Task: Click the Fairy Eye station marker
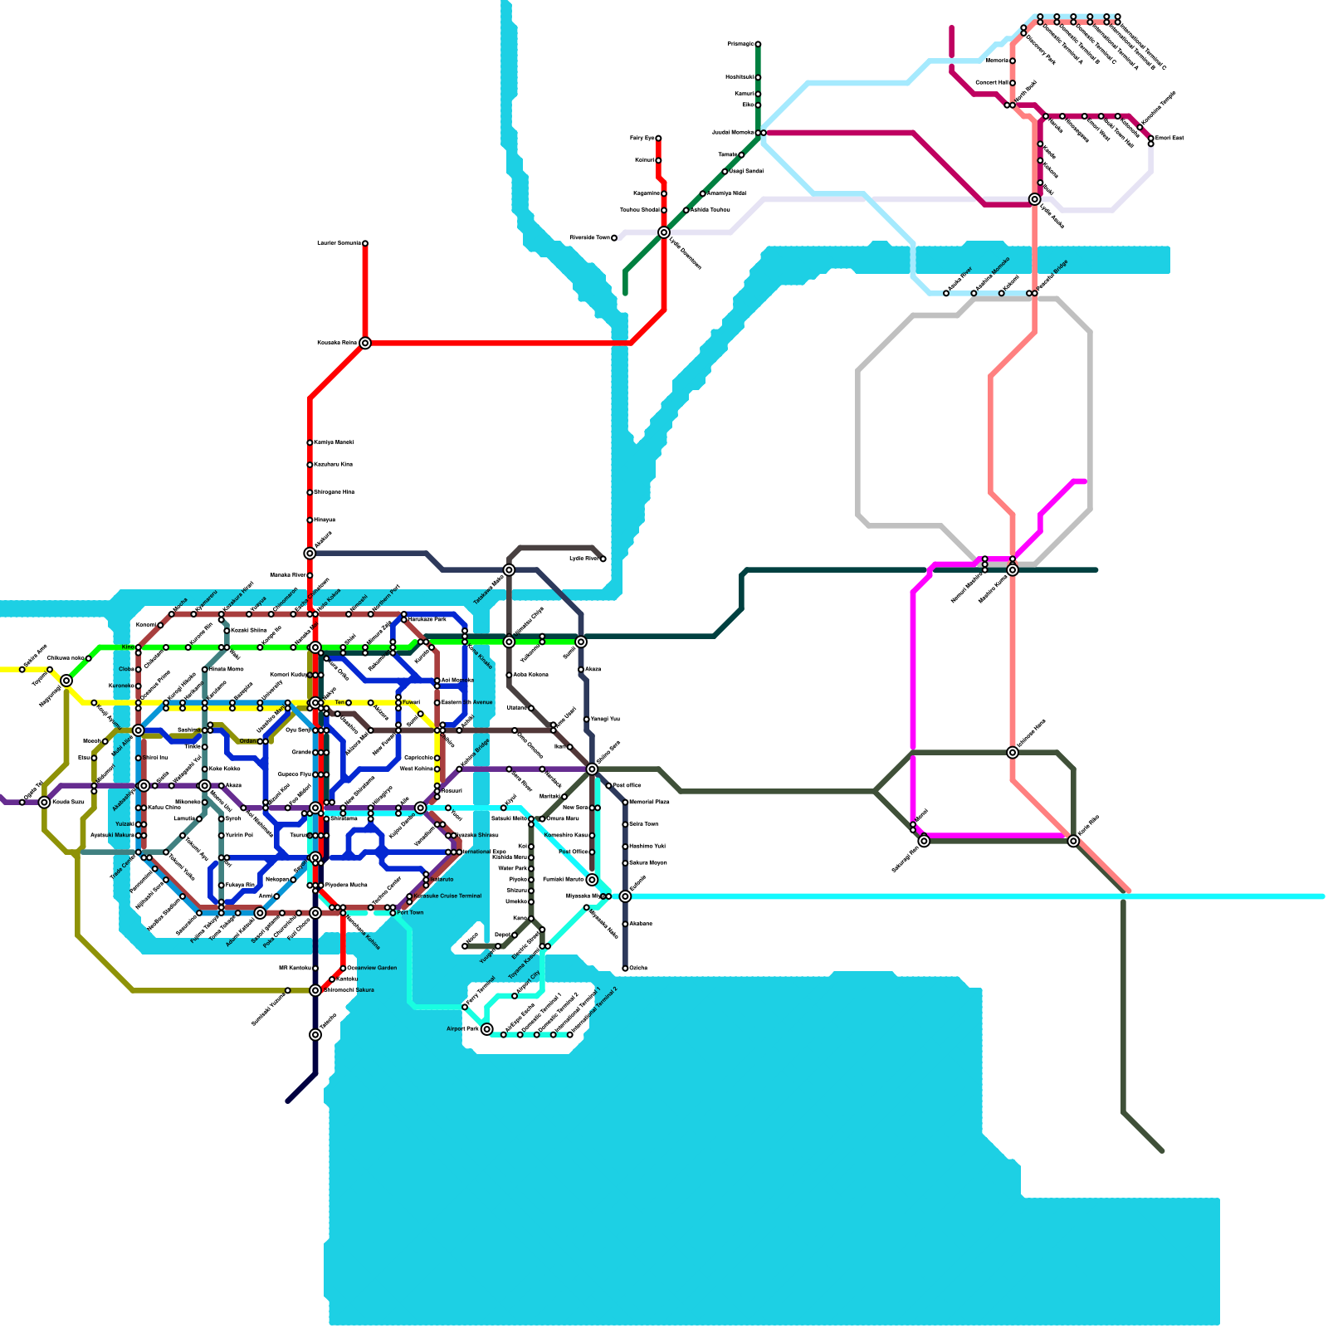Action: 658,139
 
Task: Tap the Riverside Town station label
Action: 589,238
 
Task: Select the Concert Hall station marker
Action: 1013,83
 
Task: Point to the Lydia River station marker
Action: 603,559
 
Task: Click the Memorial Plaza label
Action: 649,802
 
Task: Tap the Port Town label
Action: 410,912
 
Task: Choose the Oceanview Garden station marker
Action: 343,968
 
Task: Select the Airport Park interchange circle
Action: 487,1029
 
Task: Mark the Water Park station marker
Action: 531,868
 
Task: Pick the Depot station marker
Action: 515,935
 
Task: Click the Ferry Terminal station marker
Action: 465,1007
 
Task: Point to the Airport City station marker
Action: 515,996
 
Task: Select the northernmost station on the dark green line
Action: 758,44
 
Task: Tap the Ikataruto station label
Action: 441,879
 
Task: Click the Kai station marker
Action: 531,847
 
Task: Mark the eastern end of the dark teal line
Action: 1096,570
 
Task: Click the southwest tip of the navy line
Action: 288,1101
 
